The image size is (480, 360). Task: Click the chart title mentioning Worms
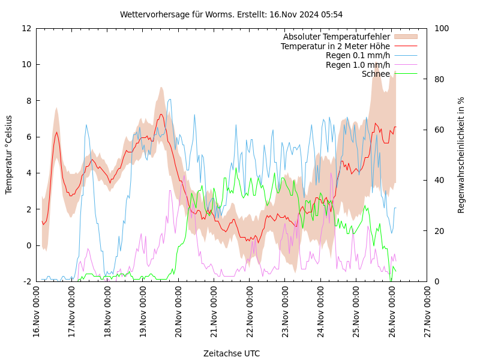(231, 14)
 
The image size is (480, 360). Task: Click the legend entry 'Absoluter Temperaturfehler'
(336, 37)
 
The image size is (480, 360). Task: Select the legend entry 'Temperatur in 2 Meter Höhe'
(335, 46)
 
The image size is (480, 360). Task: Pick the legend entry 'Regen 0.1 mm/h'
(358, 56)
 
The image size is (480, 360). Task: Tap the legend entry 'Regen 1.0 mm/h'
(358, 65)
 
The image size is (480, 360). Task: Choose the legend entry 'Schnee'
(376, 74)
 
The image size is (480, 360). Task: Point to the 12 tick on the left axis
(26, 28)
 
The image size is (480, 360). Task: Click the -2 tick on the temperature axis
(28, 281)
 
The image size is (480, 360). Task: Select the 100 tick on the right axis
(440, 28)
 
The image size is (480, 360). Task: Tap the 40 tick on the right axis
(438, 180)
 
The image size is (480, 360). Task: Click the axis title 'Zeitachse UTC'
(232, 353)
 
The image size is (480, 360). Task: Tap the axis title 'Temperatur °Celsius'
(9, 155)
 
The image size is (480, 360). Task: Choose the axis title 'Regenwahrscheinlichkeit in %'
(461, 155)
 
